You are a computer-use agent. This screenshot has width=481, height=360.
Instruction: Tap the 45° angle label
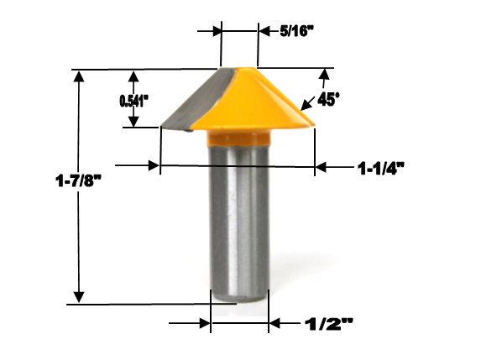click(329, 99)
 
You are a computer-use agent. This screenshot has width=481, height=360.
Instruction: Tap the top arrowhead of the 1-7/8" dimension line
click(79, 77)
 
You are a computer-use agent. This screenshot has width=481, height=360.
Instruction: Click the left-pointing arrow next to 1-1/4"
click(323, 167)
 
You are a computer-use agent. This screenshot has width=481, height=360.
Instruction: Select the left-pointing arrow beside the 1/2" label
click(276, 322)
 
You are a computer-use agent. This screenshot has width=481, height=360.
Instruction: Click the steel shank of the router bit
click(238, 218)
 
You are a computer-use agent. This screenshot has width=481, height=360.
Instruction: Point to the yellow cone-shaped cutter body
click(260, 101)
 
